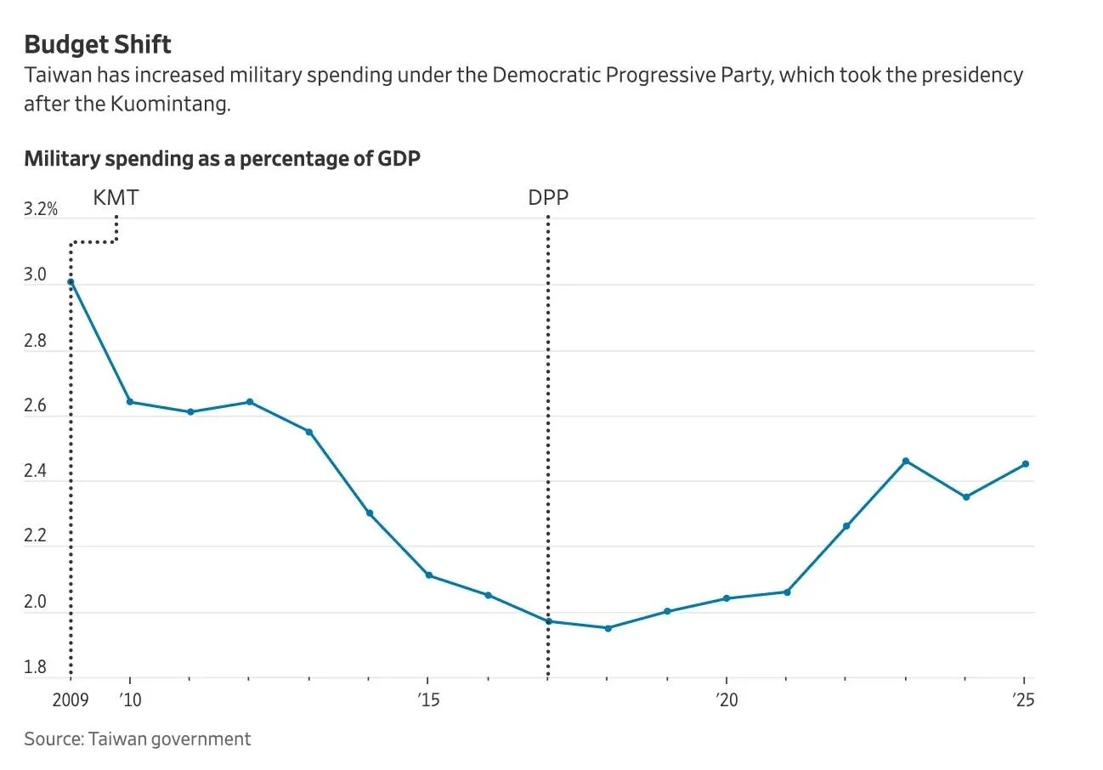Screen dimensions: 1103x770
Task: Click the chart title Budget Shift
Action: point(98,45)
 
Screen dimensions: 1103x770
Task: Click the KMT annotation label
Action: point(116,197)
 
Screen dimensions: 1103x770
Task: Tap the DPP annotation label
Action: point(548,197)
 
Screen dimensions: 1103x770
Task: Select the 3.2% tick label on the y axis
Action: point(41,209)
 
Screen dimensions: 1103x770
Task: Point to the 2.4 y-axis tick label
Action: point(35,471)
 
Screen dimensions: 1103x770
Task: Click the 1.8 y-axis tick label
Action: point(35,666)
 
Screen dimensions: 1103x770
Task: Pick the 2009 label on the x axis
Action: point(71,699)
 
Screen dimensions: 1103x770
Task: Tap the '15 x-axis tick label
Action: point(428,699)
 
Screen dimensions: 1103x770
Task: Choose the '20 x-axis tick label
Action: point(727,699)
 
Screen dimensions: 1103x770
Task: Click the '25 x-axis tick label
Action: point(1023,699)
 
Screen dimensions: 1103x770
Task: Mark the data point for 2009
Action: point(71,282)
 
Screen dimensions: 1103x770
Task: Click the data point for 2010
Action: point(130,402)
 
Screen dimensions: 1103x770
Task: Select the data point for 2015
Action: point(429,575)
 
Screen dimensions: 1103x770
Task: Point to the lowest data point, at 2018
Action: point(608,628)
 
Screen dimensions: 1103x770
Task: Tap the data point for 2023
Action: point(906,461)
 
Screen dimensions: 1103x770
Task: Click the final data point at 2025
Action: point(1026,464)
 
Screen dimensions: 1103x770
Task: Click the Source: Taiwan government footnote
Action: point(138,739)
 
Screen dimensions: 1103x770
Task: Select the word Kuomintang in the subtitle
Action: point(170,104)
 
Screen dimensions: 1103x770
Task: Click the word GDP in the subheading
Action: point(399,159)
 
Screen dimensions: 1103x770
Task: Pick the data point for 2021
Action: point(787,592)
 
